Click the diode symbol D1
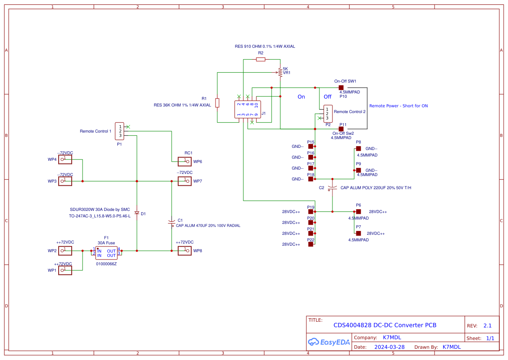137,213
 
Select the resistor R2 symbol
261,59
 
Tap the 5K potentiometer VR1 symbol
280,73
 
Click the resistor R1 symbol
217,103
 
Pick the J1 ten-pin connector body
248,110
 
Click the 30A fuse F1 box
106,253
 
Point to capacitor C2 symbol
332,188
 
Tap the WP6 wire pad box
185,161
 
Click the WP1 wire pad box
65,270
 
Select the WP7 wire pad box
185,181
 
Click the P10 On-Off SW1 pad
341,87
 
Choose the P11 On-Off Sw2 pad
341,129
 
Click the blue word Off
327,97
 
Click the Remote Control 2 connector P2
328,113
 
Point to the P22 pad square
311,244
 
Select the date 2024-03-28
389,347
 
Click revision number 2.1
488,325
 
